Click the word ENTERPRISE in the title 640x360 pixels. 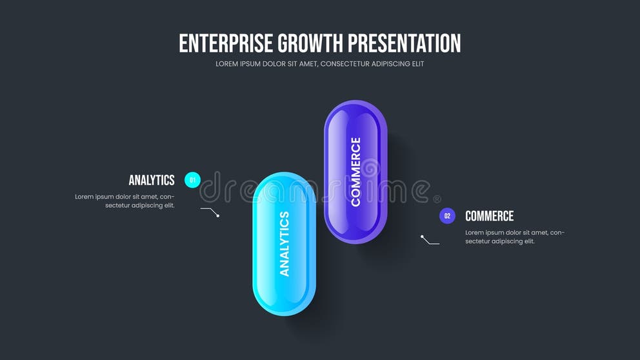point(226,43)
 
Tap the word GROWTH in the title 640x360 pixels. point(310,43)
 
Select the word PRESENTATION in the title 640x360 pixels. point(405,43)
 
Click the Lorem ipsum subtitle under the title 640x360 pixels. point(319,64)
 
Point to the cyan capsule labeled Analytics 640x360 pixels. point(284,244)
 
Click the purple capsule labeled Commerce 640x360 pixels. point(355,172)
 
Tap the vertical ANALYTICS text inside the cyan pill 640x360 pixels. point(284,244)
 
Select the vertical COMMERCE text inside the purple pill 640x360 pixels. point(355,172)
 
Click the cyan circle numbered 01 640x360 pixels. point(192,180)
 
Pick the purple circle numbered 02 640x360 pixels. point(447,216)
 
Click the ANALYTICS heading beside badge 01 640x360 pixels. point(152,180)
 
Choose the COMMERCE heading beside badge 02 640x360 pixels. point(490,216)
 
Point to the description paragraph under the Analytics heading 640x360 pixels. point(125,201)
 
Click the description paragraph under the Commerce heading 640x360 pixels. point(515,237)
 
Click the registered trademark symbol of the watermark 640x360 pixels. point(437,199)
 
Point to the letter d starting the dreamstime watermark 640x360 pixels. point(210,187)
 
